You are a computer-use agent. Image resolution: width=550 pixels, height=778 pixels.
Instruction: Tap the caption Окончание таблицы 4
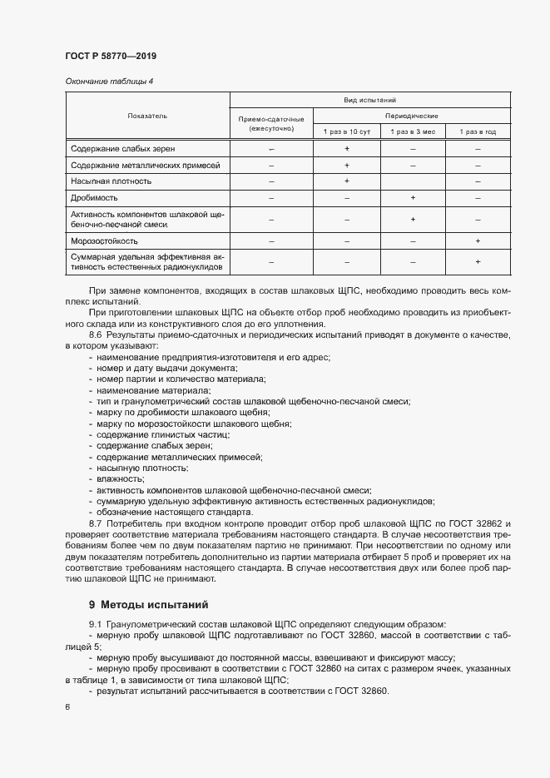[x=105, y=81]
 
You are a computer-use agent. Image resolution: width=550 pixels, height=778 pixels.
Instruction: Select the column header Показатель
[x=147, y=116]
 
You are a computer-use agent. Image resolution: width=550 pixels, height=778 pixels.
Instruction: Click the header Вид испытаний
[x=369, y=100]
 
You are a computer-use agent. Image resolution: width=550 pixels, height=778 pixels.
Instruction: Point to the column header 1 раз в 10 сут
[x=347, y=132]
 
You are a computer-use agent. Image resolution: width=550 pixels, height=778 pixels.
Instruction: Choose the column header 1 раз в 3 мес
[x=413, y=132]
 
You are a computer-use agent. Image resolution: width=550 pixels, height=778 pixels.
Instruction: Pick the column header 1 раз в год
[x=478, y=132]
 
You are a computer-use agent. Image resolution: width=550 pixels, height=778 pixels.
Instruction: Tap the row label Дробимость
[x=95, y=198]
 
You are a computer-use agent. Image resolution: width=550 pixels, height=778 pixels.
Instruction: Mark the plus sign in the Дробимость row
[x=413, y=198]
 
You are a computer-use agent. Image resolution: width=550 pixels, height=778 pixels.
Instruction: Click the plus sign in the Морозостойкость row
[x=478, y=240]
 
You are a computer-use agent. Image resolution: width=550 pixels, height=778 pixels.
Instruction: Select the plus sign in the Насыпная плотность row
[x=347, y=181]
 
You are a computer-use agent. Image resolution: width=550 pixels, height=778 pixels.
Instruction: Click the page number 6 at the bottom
[x=68, y=707]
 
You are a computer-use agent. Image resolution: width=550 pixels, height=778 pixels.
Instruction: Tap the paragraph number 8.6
[x=97, y=335]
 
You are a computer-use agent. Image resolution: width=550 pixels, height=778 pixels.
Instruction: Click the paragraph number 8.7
[x=97, y=523]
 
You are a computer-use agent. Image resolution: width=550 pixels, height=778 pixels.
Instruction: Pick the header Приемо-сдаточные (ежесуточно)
[x=271, y=124]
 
